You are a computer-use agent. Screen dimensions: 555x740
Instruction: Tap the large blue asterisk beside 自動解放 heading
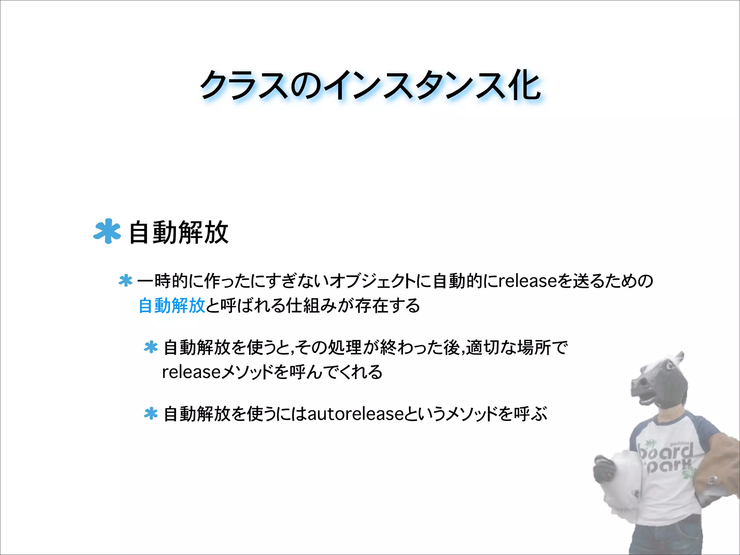107,231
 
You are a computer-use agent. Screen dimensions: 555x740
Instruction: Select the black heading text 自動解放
178,233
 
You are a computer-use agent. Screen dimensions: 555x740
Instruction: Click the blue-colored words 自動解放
172,306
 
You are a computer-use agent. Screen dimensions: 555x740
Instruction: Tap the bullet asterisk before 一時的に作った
125,281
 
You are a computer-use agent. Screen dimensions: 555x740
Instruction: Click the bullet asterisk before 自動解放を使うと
151,347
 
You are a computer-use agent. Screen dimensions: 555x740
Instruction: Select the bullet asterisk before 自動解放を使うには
151,414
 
